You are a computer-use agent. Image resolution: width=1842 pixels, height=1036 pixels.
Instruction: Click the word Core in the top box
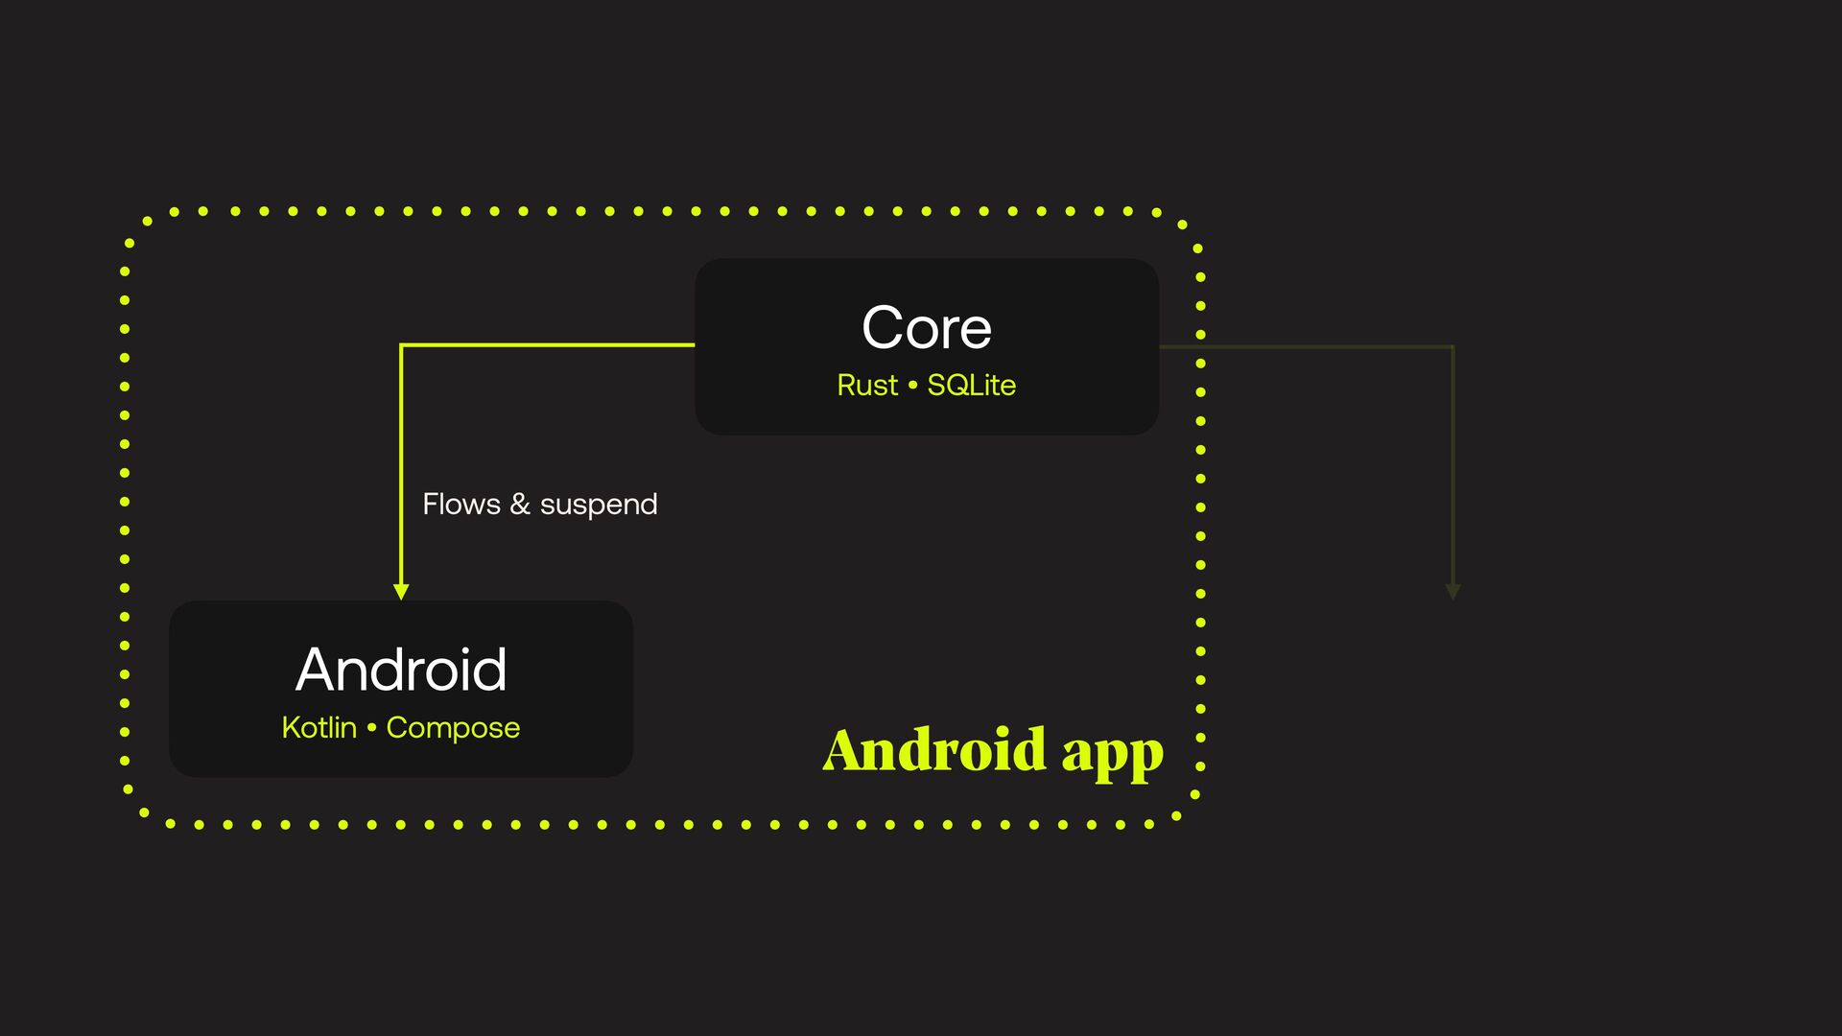tap(927, 328)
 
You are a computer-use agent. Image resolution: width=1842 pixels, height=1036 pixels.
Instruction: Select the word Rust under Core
tap(867, 385)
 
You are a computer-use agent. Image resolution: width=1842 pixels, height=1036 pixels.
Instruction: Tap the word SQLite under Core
tap(971, 385)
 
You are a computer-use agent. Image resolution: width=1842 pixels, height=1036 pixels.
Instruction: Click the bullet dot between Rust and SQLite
tap(912, 385)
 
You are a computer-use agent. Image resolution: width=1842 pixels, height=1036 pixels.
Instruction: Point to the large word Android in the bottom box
tap(401, 670)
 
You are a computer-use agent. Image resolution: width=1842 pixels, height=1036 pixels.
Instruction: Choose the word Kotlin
tap(319, 727)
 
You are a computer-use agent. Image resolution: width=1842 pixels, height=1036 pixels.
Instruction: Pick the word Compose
tap(453, 728)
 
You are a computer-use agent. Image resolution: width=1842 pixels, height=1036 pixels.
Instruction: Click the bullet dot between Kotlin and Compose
tap(371, 727)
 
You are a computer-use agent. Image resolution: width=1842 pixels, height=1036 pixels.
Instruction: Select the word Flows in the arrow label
tap(461, 504)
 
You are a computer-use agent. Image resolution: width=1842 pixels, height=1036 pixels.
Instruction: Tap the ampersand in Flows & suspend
tap(520, 504)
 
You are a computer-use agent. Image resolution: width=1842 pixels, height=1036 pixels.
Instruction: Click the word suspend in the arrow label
tap(599, 505)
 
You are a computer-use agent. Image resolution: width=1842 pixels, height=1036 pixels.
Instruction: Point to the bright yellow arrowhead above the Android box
tap(401, 591)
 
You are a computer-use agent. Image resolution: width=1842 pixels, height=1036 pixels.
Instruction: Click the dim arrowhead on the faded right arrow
tap(1452, 591)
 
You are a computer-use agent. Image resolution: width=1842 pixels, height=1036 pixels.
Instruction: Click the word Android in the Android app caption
tap(934, 749)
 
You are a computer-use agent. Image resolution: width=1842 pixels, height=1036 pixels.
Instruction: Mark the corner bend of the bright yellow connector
tap(402, 345)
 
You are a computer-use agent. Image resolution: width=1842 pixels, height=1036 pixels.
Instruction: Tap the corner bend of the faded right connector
tap(1452, 346)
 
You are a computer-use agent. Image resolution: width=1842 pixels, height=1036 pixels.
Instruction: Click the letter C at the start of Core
tap(883, 328)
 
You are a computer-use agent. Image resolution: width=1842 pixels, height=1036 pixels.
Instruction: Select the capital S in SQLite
tap(936, 385)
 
